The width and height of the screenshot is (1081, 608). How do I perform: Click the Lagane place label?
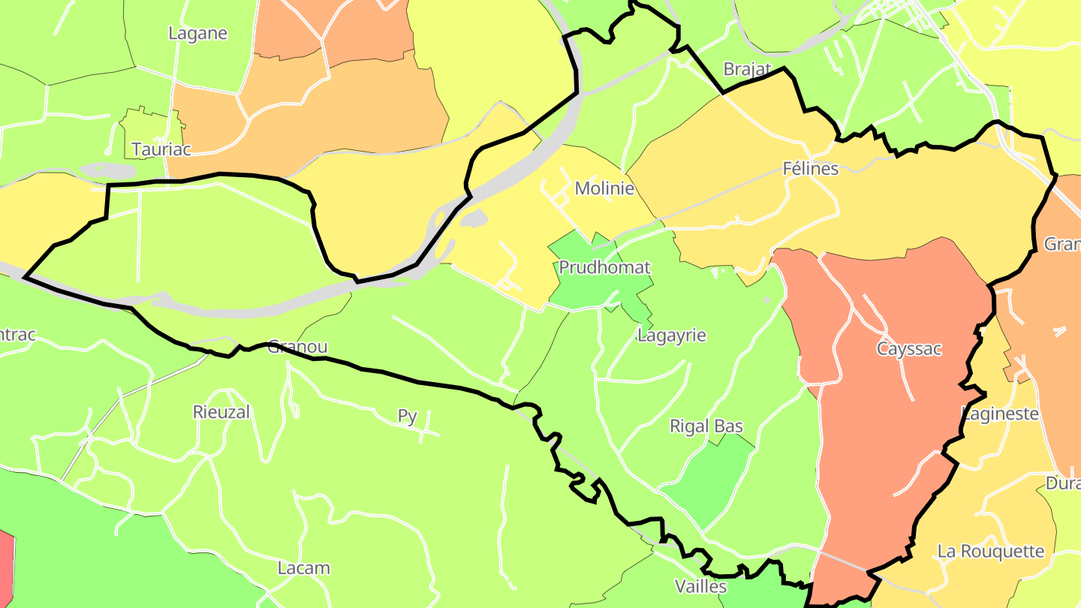(x=197, y=34)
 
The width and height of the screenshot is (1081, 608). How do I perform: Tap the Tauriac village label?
(x=161, y=149)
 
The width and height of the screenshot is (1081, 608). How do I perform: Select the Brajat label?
(x=747, y=69)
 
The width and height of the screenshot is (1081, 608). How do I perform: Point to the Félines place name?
(x=810, y=168)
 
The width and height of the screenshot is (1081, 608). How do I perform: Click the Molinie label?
(x=604, y=188)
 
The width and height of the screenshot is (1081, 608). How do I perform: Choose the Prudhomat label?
(x=604, y=267)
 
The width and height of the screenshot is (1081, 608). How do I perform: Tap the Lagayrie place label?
(x=672, y=335)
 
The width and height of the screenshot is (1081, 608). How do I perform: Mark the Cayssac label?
(x=908, y=349)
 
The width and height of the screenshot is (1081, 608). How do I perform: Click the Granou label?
(x=298, y=347)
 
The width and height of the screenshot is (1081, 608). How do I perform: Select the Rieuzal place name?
(x=221, y=412)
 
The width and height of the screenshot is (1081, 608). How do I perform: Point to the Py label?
(x=408, y=416)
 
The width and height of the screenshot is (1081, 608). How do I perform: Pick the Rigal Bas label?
(x=706, y=426)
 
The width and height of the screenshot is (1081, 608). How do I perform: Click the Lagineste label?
(x=1001, y=414)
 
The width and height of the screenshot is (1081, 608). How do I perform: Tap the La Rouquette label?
(x=991, y=551)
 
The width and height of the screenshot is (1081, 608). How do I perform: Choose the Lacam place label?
(x=304, y=567)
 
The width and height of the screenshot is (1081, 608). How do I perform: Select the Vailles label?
(x=701, y=585)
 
